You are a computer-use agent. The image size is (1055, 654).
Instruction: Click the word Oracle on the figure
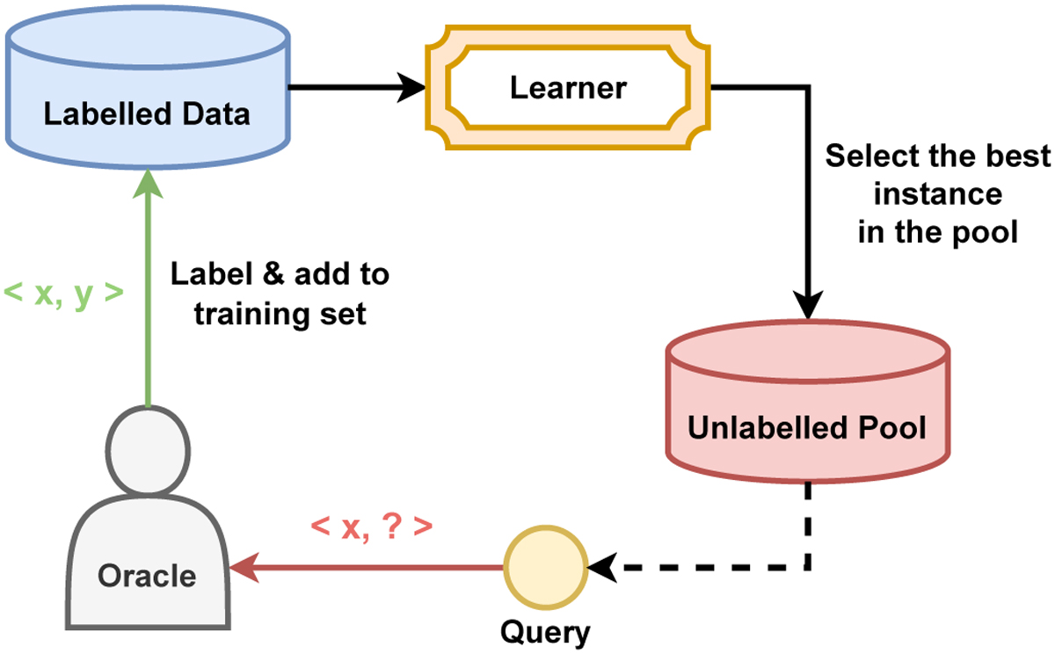[147, 576]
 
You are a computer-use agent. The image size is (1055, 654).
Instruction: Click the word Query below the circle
[545, 631]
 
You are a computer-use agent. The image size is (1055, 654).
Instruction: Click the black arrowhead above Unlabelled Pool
[807, 309]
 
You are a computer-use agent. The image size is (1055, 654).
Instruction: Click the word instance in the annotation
[937, 194]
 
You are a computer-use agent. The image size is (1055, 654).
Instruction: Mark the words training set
[280, 314]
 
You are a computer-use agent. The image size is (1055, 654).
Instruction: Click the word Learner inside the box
[569, 87]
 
